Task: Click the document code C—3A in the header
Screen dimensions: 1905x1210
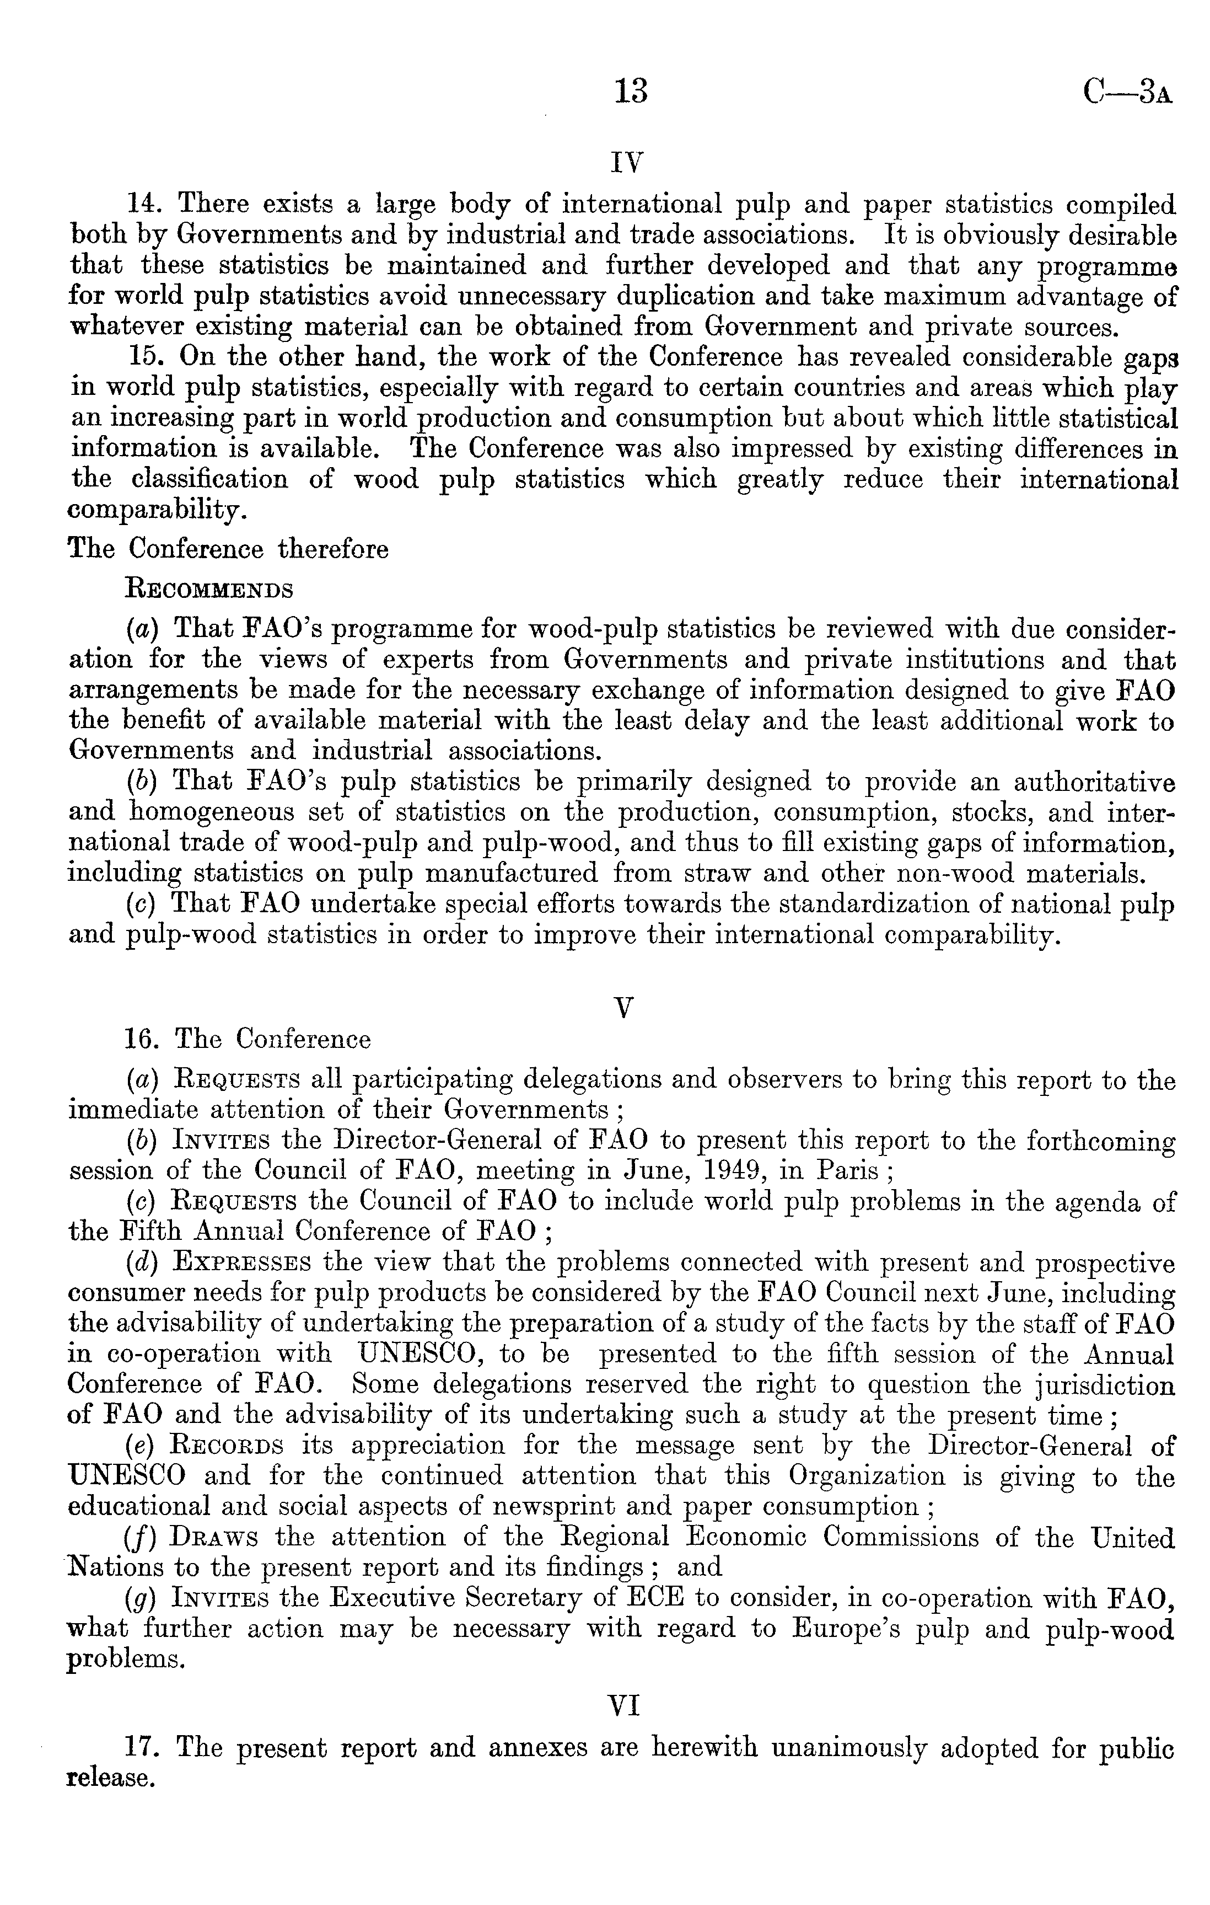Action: [x=1127, y=93]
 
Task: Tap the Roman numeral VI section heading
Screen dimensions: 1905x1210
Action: [x=624, y=1708]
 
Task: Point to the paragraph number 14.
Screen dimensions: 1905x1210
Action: [x=144, y=205]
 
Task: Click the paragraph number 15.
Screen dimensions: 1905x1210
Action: [x=144, y=357]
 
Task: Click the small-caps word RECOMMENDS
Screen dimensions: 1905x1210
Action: [x=209, y=590]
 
